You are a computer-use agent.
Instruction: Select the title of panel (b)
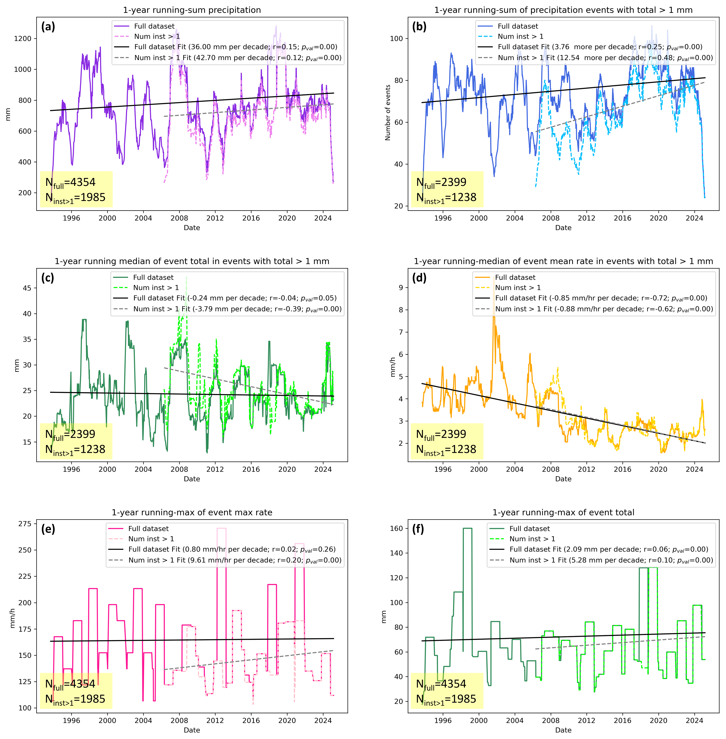point(563,10)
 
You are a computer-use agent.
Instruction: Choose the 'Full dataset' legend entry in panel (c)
point(153,278)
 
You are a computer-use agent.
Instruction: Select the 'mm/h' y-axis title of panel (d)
point(393,367)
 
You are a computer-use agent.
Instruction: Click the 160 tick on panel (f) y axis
point(397,529)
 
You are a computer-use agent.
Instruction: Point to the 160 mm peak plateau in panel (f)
point(468,529)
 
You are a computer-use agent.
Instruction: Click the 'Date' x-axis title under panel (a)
point(192,228)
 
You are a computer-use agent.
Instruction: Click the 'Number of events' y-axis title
point(388,113)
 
